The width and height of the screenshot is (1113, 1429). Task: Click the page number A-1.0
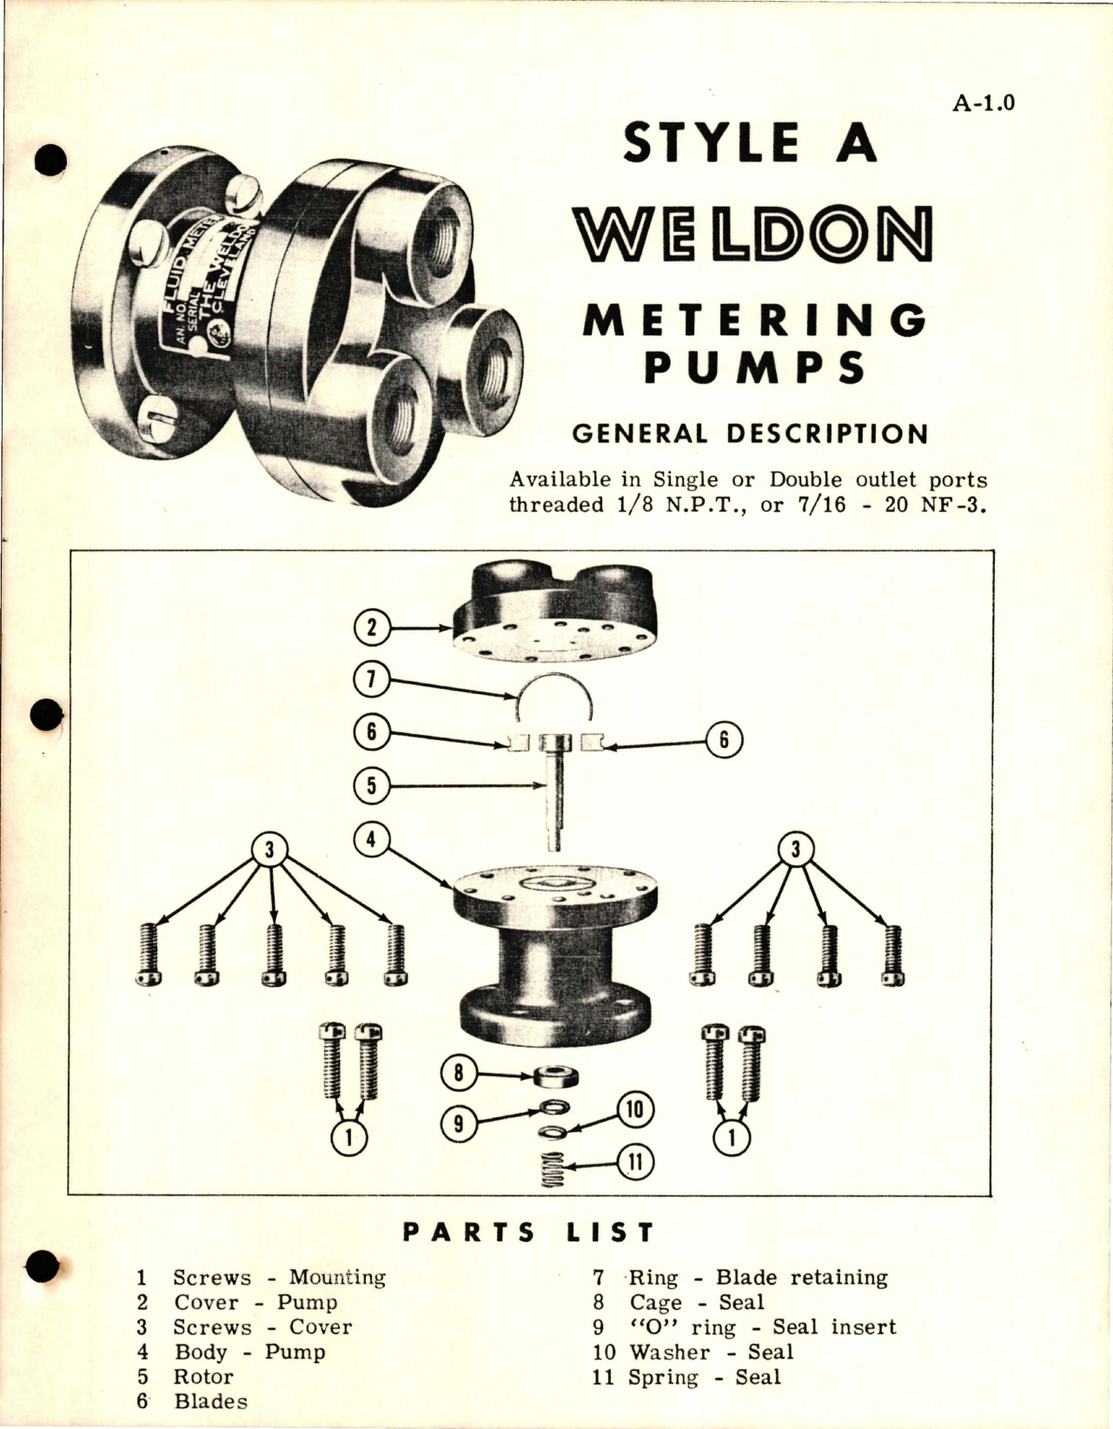984,103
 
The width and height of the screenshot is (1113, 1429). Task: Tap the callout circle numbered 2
372,627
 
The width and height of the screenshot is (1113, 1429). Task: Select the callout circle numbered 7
372,680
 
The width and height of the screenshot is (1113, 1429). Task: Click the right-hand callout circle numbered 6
725,741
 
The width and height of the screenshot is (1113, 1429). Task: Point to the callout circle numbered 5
372,786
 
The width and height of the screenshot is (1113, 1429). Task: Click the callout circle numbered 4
372,840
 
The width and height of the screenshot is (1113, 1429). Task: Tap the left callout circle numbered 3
269,849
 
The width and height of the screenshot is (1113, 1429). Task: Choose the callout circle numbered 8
459,1073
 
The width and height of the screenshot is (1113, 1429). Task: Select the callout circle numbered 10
635,1109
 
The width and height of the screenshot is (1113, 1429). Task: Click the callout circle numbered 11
635,1162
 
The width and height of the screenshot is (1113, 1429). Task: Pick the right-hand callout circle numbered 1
732,1138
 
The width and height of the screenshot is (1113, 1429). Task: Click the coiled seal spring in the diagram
553,1169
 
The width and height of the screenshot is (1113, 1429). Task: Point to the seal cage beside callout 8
556,1077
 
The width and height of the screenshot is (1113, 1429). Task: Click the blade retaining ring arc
555,686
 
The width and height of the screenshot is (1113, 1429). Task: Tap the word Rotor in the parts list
203,1377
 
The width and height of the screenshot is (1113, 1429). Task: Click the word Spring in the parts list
664,1377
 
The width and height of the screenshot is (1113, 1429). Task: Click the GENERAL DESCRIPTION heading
750,433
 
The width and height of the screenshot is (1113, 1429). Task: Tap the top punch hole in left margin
52,161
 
